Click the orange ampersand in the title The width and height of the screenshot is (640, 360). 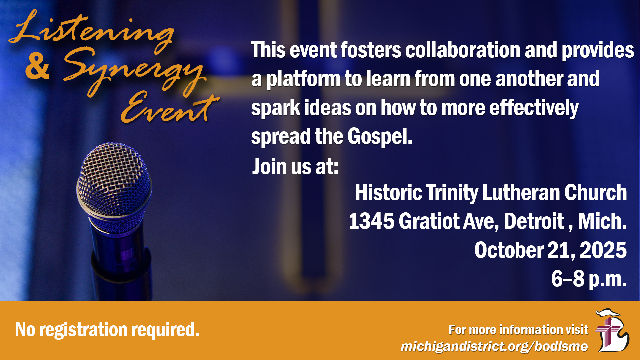point(37,66)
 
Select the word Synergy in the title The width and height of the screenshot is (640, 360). point(133,72)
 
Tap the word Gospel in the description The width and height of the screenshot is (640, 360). point(380,137)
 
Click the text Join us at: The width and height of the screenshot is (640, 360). point(295,166)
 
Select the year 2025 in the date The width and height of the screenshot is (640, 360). point(603,250)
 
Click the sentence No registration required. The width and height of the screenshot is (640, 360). point(107,330)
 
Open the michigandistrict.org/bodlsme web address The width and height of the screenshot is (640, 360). point(494,346)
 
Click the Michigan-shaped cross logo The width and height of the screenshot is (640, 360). point(612,330)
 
